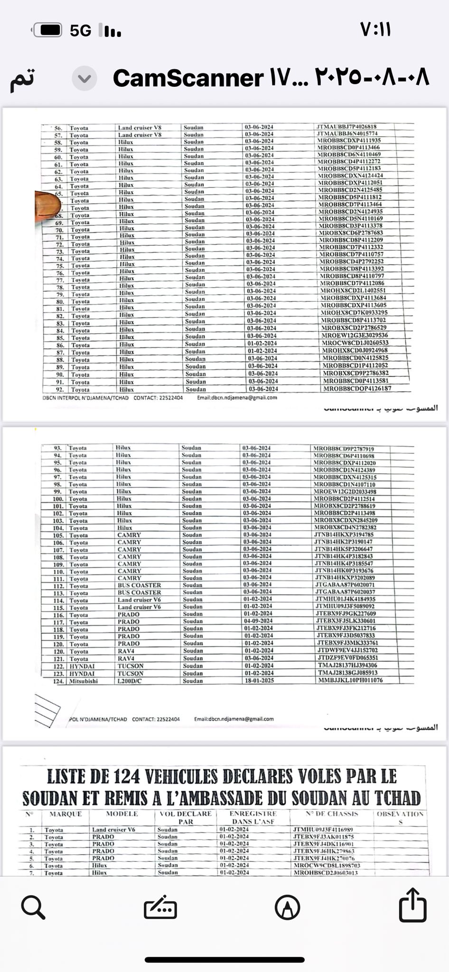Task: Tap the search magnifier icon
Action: pyautogui.click(x=33, y=907)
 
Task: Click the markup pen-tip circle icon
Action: pyautogui.click(x=287, y=908)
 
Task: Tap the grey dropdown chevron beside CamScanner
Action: pyautogui.click(x=84, y=79)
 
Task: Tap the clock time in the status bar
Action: pyautogui.click(x=375, y=30)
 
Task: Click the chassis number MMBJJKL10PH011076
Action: pyautogui.click(x=350, y=680)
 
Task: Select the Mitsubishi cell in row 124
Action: pyautogui.click(x=84, y=681)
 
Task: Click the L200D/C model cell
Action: pyautogui.click(x=130, y=681)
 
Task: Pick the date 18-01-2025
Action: pyautogui.click(x=259, y=681)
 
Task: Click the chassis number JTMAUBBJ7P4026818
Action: pyautogui.click(x=346, y=127)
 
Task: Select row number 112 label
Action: pyautogui.click(x=58, y=586)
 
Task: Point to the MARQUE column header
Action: pyautogui.click(x=65, y=814)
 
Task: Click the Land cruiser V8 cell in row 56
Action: pyautogui.click(x=140, y=128)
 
